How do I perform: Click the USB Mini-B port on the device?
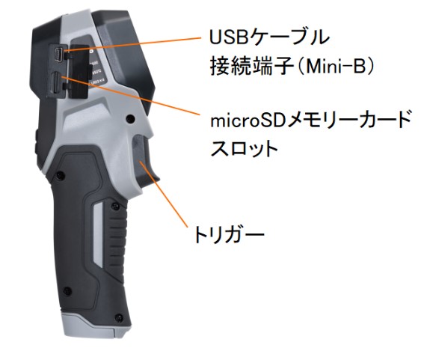pos(58,55)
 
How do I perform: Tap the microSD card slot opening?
pos(55,82)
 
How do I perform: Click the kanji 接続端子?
pos(252,67)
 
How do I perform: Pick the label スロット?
pos(245,148)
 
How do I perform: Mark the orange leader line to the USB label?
pos(132,44)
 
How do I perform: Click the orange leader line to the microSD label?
pos(131,95)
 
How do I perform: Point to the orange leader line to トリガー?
pos(164,195)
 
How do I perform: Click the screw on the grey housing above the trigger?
pos(130,119)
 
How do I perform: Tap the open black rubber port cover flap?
pos(79,71)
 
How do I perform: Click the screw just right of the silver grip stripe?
pos(115,207)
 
